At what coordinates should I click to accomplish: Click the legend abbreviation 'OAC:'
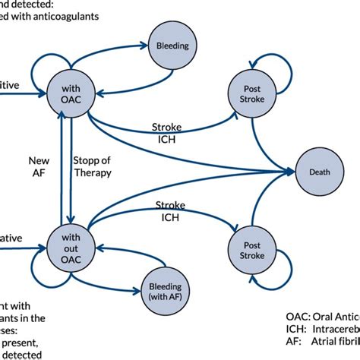[x=297, y=315]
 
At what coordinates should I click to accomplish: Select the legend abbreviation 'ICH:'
[x=297, y=330]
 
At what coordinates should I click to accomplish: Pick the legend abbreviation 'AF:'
[x=295, y=344]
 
